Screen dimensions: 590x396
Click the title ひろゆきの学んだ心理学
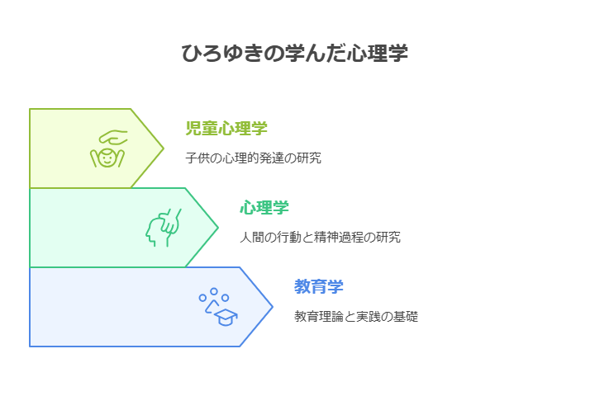point(295,53)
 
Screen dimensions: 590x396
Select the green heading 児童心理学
point(226,128)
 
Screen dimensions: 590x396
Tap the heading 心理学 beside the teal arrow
point(264,207)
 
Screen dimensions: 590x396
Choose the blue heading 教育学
point(319,286)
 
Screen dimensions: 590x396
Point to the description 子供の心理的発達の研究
point(253,158)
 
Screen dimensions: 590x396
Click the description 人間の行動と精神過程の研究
point(321,237)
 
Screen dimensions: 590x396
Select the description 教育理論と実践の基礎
point(356,316)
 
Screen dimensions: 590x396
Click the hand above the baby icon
point(113,137)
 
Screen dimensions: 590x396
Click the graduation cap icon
point(226,318)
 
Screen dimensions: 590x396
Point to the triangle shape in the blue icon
point(212,307)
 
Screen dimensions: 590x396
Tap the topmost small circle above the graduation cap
point(214,291)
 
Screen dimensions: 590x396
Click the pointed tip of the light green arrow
point(164,148)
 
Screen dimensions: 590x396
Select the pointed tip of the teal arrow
point(218,228)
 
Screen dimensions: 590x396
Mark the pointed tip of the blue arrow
point(273,307)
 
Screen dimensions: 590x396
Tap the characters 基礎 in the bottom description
point(406,316)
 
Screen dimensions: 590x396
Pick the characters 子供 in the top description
point(198,158)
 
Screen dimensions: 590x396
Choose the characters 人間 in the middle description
point(253,237)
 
